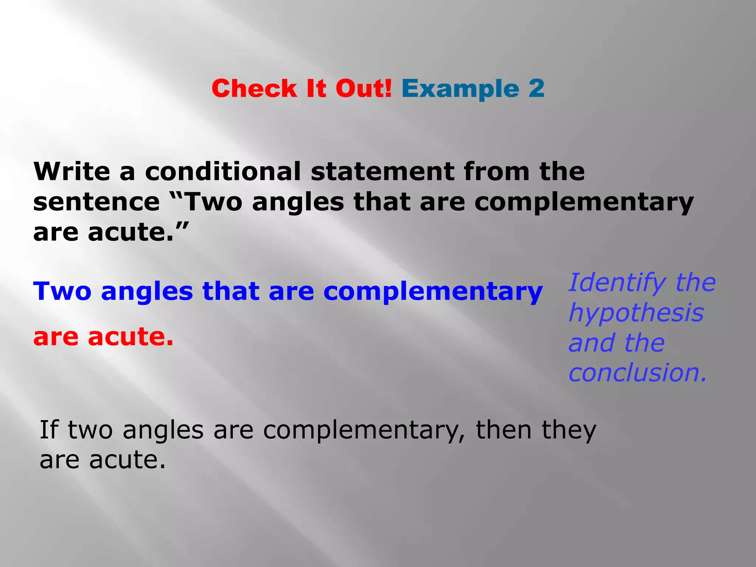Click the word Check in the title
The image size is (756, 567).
254,89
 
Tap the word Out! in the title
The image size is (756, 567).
364,89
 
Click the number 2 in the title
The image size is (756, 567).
536,89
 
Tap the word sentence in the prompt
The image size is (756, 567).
96,202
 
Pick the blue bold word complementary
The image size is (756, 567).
433,292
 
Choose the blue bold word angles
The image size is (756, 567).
147,292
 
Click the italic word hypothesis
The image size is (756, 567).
636,313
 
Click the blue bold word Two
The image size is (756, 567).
62,291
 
